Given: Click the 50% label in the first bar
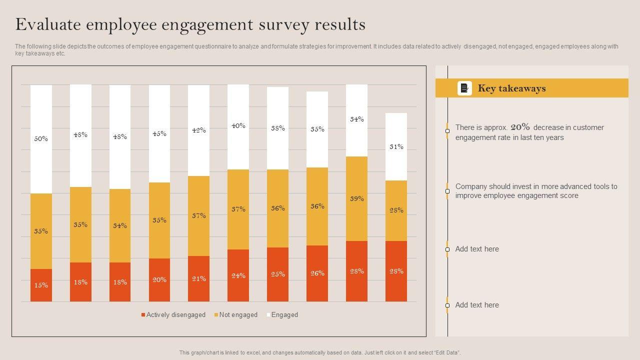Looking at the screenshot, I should click(41, 139).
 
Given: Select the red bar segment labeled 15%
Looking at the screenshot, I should click(41, 285).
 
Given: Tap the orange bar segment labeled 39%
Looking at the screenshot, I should click(356, 198).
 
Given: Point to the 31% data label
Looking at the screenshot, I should click(396, 147).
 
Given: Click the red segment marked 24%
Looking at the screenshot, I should click(238, 275).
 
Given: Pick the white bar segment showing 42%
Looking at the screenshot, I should click(198, 130).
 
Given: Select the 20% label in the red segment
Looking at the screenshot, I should click(159, 280).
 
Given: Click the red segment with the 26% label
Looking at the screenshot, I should click(317, 273).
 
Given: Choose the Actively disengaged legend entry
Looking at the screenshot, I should click(175, 315).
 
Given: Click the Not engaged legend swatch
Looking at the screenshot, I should click(216, 315).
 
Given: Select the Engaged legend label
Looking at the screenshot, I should click(284, 315).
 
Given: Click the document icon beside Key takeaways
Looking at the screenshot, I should click(464, 88).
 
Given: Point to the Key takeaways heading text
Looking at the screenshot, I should click(511, 88).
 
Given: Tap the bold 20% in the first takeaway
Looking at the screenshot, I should click(520, 127).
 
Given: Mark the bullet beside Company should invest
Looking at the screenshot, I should click(447, 191).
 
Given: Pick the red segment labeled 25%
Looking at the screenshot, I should click(277, 274).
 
